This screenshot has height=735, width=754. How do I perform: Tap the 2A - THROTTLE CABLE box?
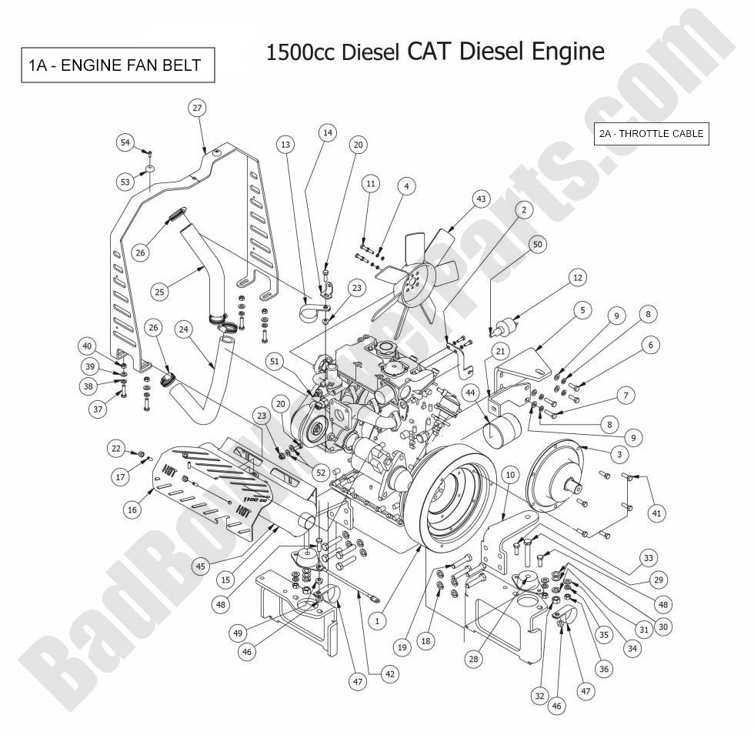[x=651, y=133]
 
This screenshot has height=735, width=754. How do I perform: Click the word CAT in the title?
[x=429, y=51]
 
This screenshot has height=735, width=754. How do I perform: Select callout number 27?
[x=197, y=109]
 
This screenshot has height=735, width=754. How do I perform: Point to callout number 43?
[x=482, y=199]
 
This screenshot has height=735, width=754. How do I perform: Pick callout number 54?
[x=126, y=142]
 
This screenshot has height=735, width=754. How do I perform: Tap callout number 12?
[x=578, y=277]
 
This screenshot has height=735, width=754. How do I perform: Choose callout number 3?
[x=618, y=455]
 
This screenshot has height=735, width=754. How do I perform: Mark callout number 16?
[x=132, y=510]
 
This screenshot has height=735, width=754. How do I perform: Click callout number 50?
[x=537, y=244]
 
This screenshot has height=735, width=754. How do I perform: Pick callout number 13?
[x=285, y=144]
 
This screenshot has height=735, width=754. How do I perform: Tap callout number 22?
[x=115, y=448]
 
